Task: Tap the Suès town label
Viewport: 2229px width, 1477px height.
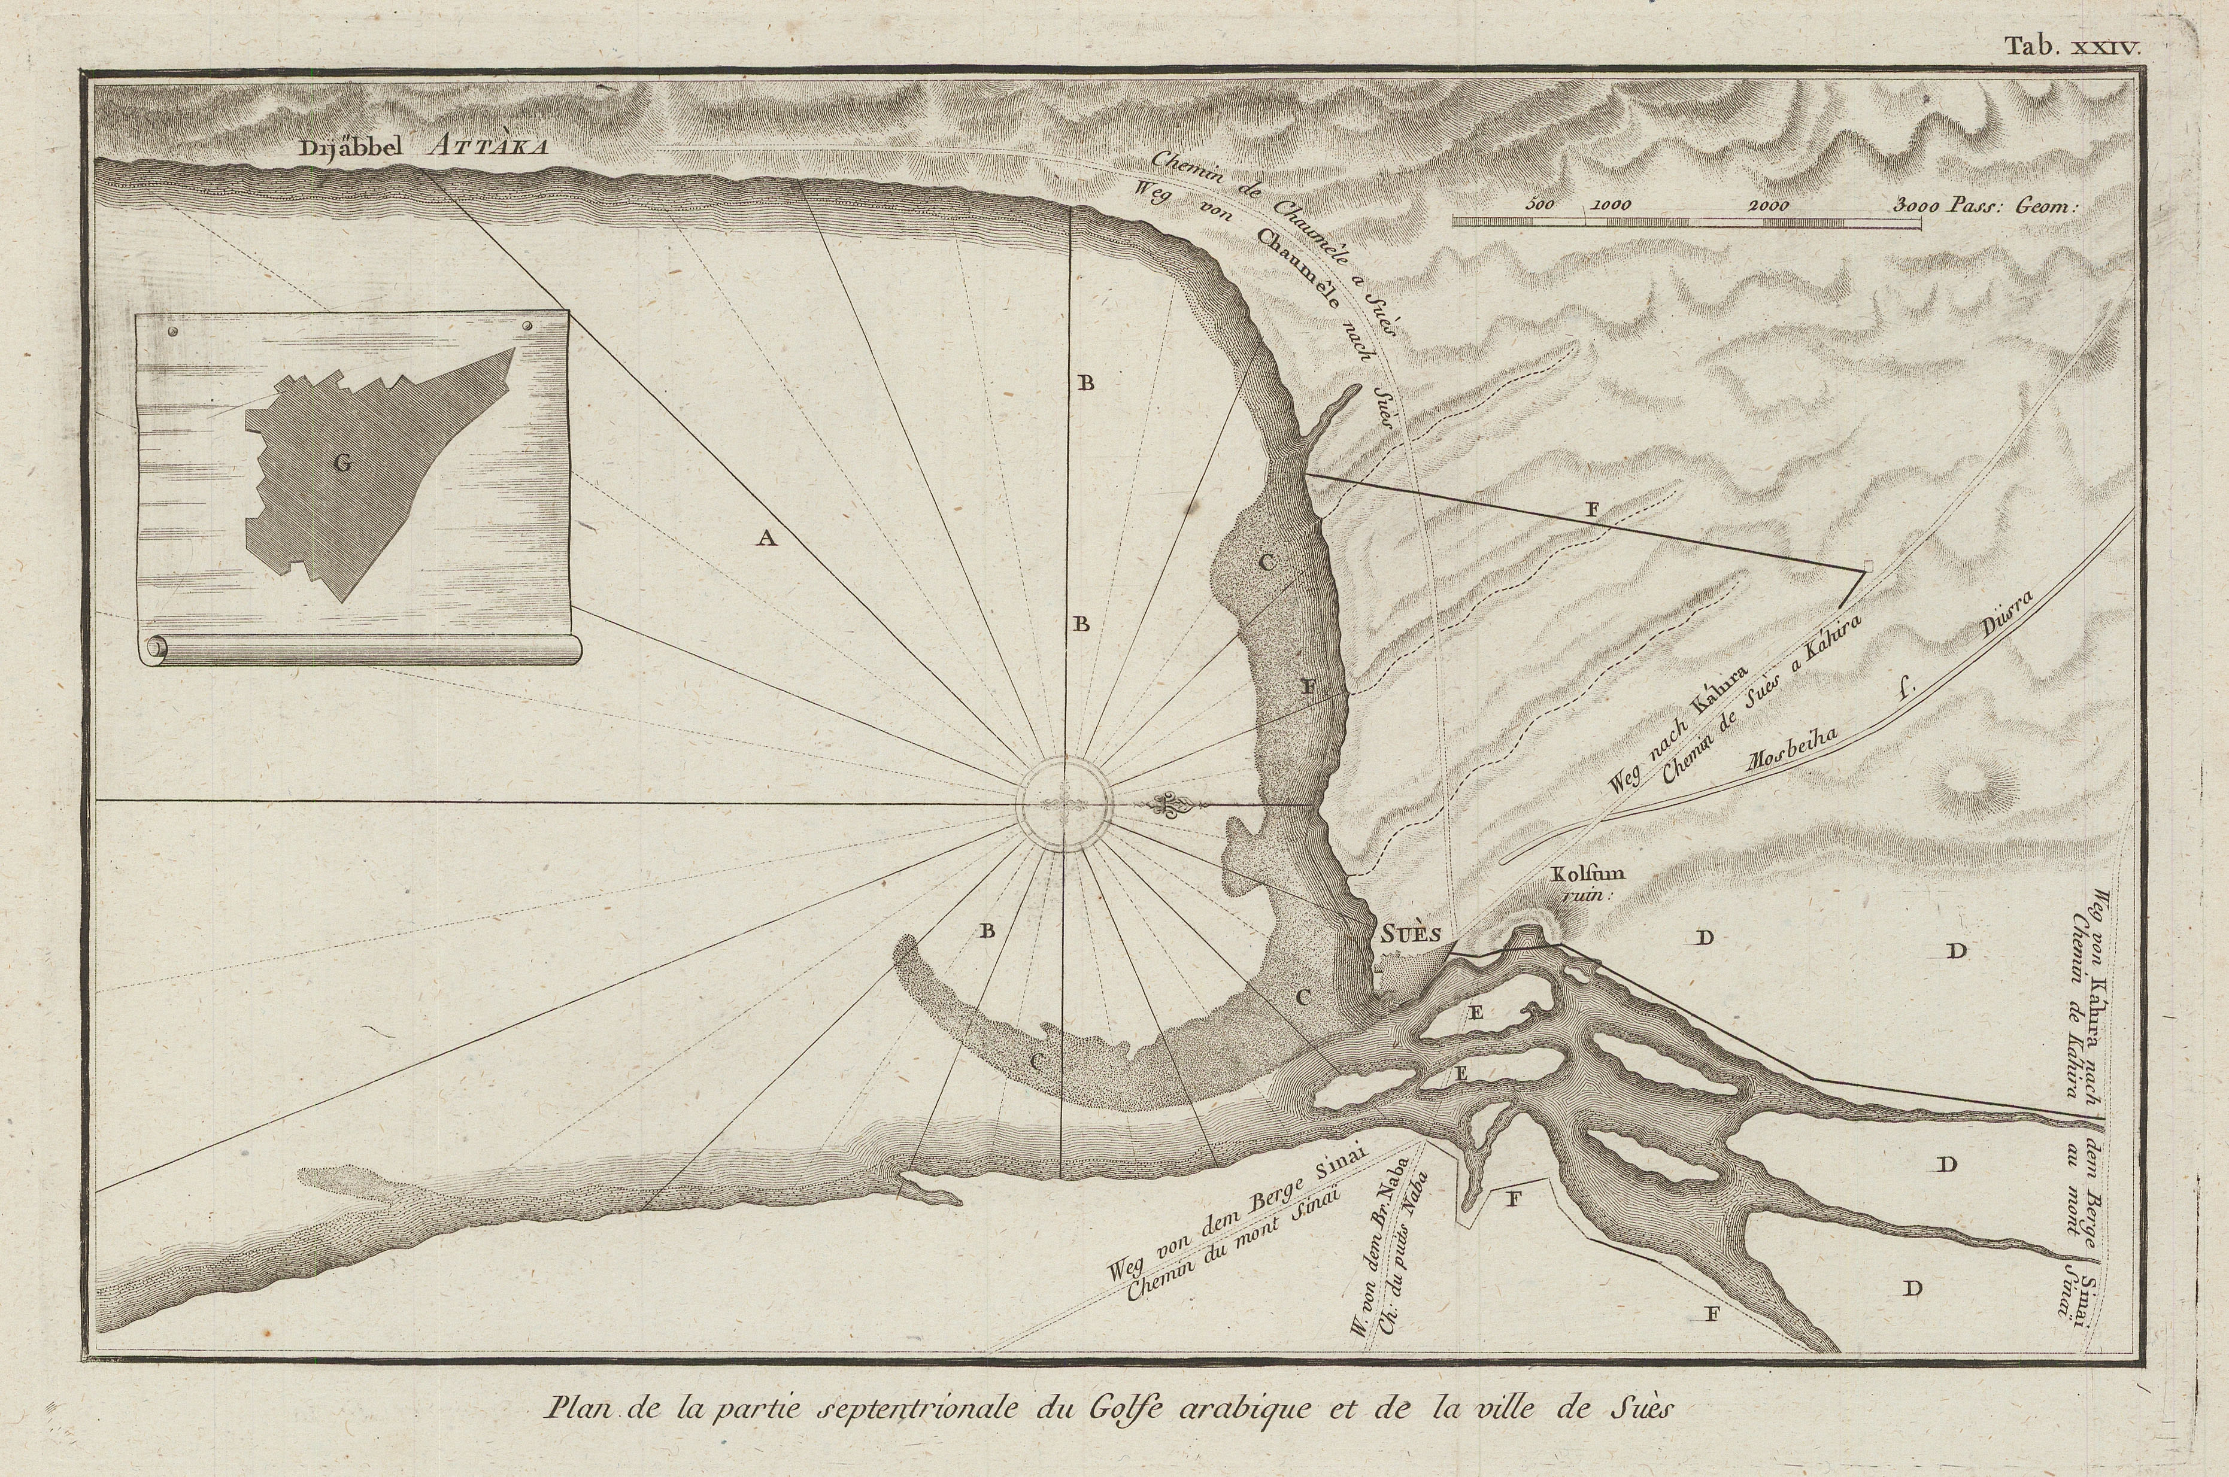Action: (1411, 934)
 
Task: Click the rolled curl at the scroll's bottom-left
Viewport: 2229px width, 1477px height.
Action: (156, 648)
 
